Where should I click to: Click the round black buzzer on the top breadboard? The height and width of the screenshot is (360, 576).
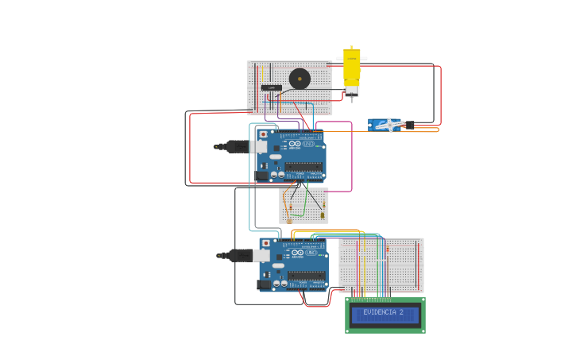(x=300, y=78)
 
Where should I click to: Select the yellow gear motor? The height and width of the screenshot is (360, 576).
(x=351, y=67)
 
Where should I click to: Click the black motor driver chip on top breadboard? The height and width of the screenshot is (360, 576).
(x=271, y=87)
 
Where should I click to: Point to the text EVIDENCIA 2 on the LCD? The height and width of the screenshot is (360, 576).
(x=383, y=312)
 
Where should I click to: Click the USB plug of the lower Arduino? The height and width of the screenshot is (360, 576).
(x=236, y=255)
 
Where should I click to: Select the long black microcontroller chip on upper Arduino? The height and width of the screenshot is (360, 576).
(x=303, y=167)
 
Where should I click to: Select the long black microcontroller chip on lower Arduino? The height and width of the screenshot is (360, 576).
(x=306, y=275)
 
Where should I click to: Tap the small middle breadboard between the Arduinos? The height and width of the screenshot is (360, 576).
(x=303, y=205)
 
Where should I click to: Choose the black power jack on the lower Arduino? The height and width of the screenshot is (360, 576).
(x=264, y=284)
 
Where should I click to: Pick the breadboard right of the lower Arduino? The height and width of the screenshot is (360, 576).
(x=381, y=265)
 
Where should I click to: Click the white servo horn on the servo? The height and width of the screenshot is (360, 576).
(x=391, y=124)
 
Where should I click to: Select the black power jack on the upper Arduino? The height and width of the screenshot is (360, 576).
(x=262, y=175)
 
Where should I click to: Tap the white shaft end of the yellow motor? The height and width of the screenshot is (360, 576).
(x=350, y=91)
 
